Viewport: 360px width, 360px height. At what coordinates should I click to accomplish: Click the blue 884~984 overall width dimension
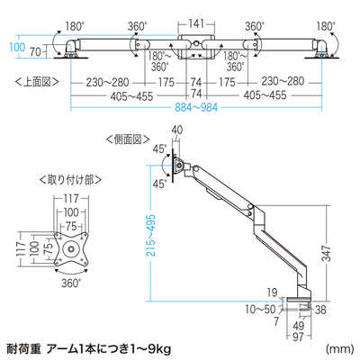(196, 107)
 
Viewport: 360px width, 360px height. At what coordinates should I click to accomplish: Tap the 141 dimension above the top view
(196, 23)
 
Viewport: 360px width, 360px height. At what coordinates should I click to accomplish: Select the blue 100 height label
(16, 47)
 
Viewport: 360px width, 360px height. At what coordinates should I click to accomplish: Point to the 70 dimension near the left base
(35, 52)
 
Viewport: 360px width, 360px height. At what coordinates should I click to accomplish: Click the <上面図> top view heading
(37, 82)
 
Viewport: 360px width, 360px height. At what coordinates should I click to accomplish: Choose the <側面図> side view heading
(128, 139)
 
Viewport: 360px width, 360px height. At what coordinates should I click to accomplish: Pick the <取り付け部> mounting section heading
(70, 180)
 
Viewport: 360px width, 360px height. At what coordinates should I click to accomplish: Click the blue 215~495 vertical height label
(153, 235)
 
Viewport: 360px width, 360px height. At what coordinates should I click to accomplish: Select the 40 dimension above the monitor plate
(177, 130)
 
